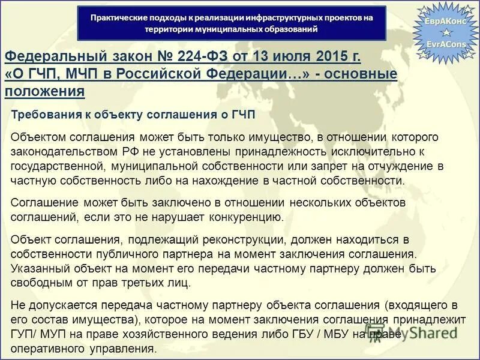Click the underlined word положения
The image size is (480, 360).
[44, 92]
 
